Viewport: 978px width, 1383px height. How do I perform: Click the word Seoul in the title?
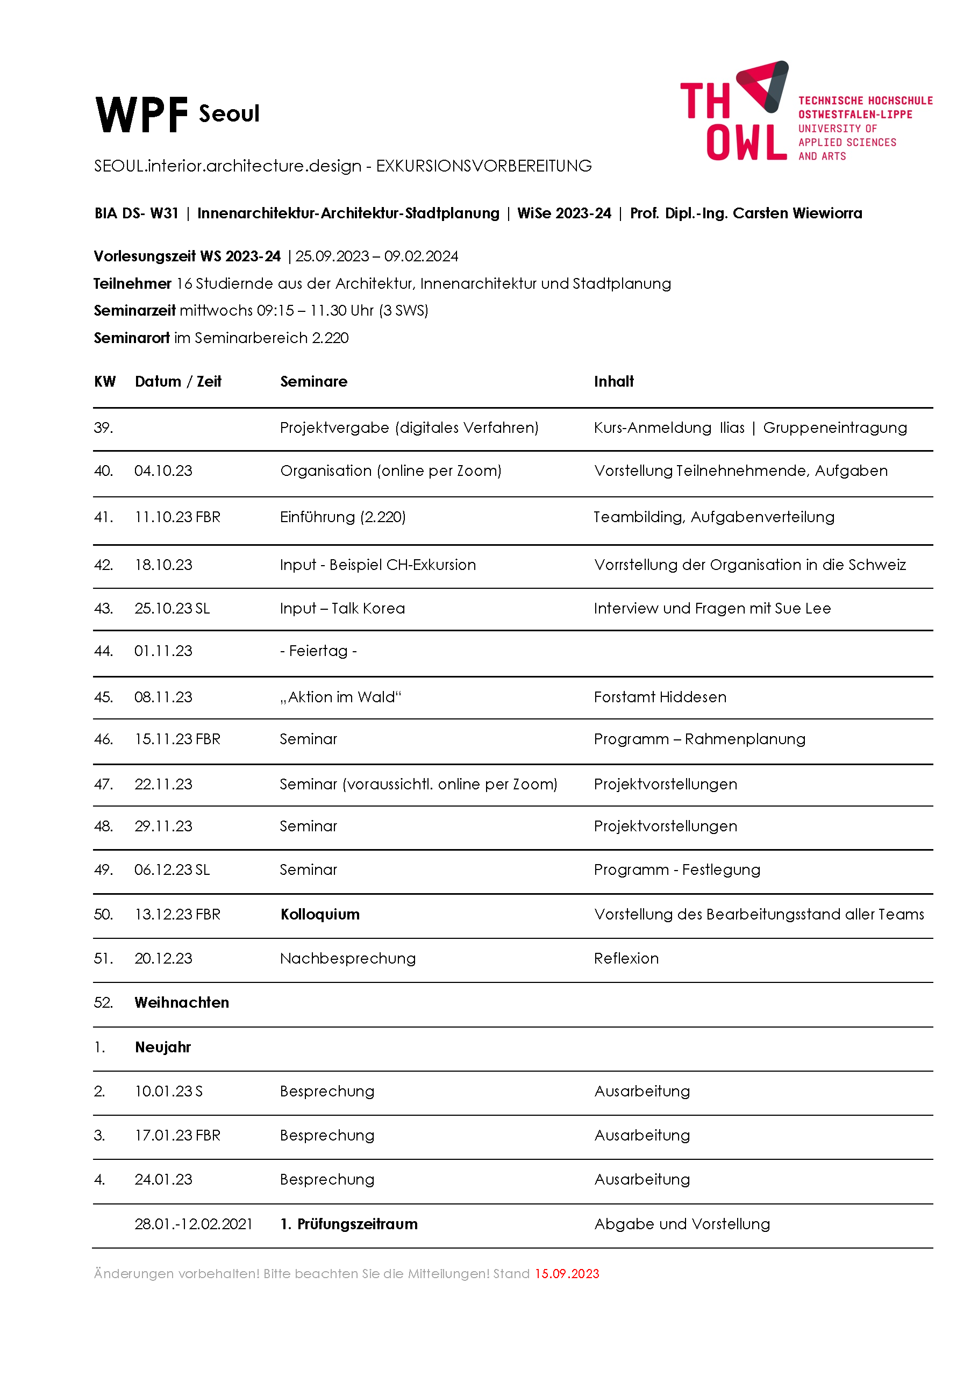[x=229, y=114]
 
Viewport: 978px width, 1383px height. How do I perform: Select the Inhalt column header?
[x=613, y=381]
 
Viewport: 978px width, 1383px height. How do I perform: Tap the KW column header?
[x=105, y=381]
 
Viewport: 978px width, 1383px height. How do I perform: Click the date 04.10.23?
[x=163, y=471]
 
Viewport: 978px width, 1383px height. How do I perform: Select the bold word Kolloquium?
[x=320, y=914]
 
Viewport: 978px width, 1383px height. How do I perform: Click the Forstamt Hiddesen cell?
[x=660, y=697]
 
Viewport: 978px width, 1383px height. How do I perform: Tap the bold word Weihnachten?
[x=182, y=1002]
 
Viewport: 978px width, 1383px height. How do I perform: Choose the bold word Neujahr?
[x=162, y=1047]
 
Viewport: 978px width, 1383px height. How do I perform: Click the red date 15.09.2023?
[x=567, y=1274]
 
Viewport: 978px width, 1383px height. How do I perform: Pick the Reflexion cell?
[x=626, y=958]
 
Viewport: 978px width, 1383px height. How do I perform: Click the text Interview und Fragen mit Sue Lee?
[x=712, y=608]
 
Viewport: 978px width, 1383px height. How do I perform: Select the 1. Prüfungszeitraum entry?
[x=349, y=1224]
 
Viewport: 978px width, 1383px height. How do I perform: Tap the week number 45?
[x=103, y=697]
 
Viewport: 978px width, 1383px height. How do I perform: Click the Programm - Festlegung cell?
[x=677, y=870]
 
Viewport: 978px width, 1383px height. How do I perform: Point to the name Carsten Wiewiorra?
[x=797, y=213]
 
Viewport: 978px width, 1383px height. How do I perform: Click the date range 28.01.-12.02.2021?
[x=194, y=1224]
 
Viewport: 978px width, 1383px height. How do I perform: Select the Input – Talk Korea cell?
[x=342, y=608]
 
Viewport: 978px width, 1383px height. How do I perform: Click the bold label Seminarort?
[x=131, y=338]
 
